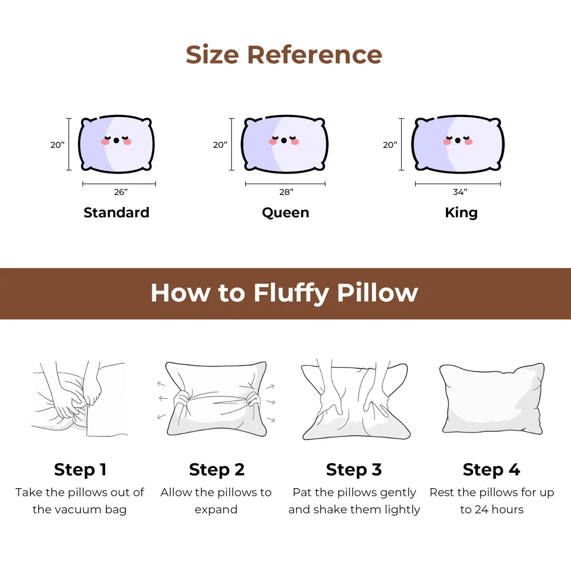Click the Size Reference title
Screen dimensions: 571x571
284,55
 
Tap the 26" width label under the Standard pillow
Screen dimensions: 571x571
120,192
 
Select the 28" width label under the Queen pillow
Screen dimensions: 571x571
286,192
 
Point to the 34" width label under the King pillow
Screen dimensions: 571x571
460,192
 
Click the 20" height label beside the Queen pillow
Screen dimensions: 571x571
220,145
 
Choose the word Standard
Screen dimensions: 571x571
117,213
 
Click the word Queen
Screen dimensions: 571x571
285,213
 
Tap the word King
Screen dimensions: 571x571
461,213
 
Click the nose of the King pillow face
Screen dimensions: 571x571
458,140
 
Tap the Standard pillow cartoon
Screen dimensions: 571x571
116,144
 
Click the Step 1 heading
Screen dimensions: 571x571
80,470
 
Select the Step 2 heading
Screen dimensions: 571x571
217,470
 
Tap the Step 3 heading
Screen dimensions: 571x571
354,470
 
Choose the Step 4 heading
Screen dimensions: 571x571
491,470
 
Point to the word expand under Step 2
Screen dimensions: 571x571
216,510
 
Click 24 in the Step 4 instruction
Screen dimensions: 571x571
482,510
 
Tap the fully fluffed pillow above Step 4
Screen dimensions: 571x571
492,399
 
